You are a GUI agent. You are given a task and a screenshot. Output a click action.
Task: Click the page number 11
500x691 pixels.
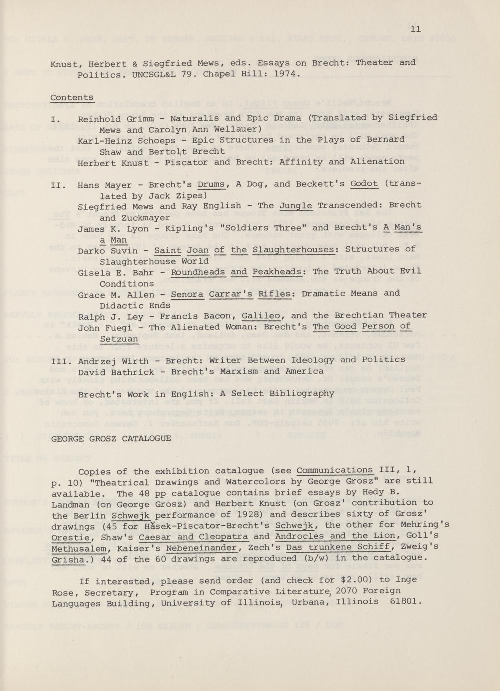415,29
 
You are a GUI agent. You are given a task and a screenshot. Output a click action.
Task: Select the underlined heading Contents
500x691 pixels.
72,97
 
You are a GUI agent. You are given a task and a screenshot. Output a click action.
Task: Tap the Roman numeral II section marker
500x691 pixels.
58,185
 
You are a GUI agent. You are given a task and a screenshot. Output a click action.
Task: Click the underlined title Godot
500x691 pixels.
364,184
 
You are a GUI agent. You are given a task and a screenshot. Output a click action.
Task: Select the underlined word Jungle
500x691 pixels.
296,206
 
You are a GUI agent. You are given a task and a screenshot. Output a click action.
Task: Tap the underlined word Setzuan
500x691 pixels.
119,339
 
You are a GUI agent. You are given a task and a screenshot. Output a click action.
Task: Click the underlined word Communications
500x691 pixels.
335,471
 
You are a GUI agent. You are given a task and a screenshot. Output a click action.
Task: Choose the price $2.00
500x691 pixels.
355,581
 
